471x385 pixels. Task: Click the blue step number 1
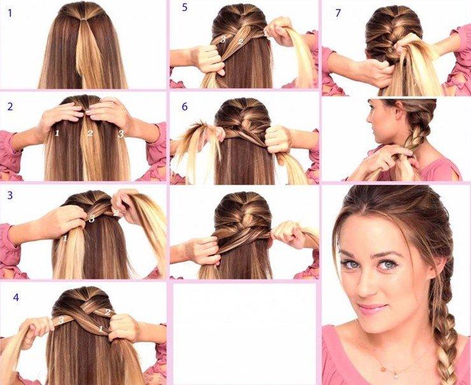click(x=10, y=13)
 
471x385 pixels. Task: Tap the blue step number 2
click(x=10, y=107)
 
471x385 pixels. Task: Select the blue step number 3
click(x=10, y=195)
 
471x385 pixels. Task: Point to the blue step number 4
click(x=16, y=297)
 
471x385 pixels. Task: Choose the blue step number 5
click(x=185, y=8)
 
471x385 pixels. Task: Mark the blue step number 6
click(x=185, y=107)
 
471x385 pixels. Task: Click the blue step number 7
click(x=338, y=13)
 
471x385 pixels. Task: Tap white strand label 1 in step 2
click(x=57, y=133)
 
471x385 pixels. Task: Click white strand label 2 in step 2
click(x=90, y=134)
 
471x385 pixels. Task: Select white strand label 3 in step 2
click(x=121, y=134)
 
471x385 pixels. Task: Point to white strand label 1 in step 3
click(x=65, y=239)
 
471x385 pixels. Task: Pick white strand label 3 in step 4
click(x=61, y=320)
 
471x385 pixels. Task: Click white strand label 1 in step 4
click(x=101, y=329)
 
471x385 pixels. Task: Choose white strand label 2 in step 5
click(x=241, y=42)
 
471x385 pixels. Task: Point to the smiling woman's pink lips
click(x=371, y=307)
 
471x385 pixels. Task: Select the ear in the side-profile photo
click(x=399, y=113)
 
